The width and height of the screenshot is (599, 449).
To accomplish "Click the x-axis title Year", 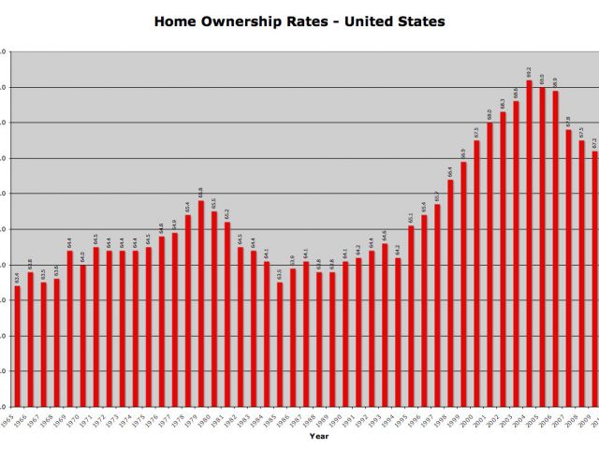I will tap(320, 436).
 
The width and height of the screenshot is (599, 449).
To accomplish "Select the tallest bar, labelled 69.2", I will tap(530, 243).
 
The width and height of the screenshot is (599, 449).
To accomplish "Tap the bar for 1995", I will tap(398, 332).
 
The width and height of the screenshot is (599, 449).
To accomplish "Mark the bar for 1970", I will tap(69, 328).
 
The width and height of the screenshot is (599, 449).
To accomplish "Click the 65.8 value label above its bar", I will tap(200, 192).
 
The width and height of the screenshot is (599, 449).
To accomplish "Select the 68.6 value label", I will tap(516, 92).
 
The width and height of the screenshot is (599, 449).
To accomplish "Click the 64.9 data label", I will tap(174, 224).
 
